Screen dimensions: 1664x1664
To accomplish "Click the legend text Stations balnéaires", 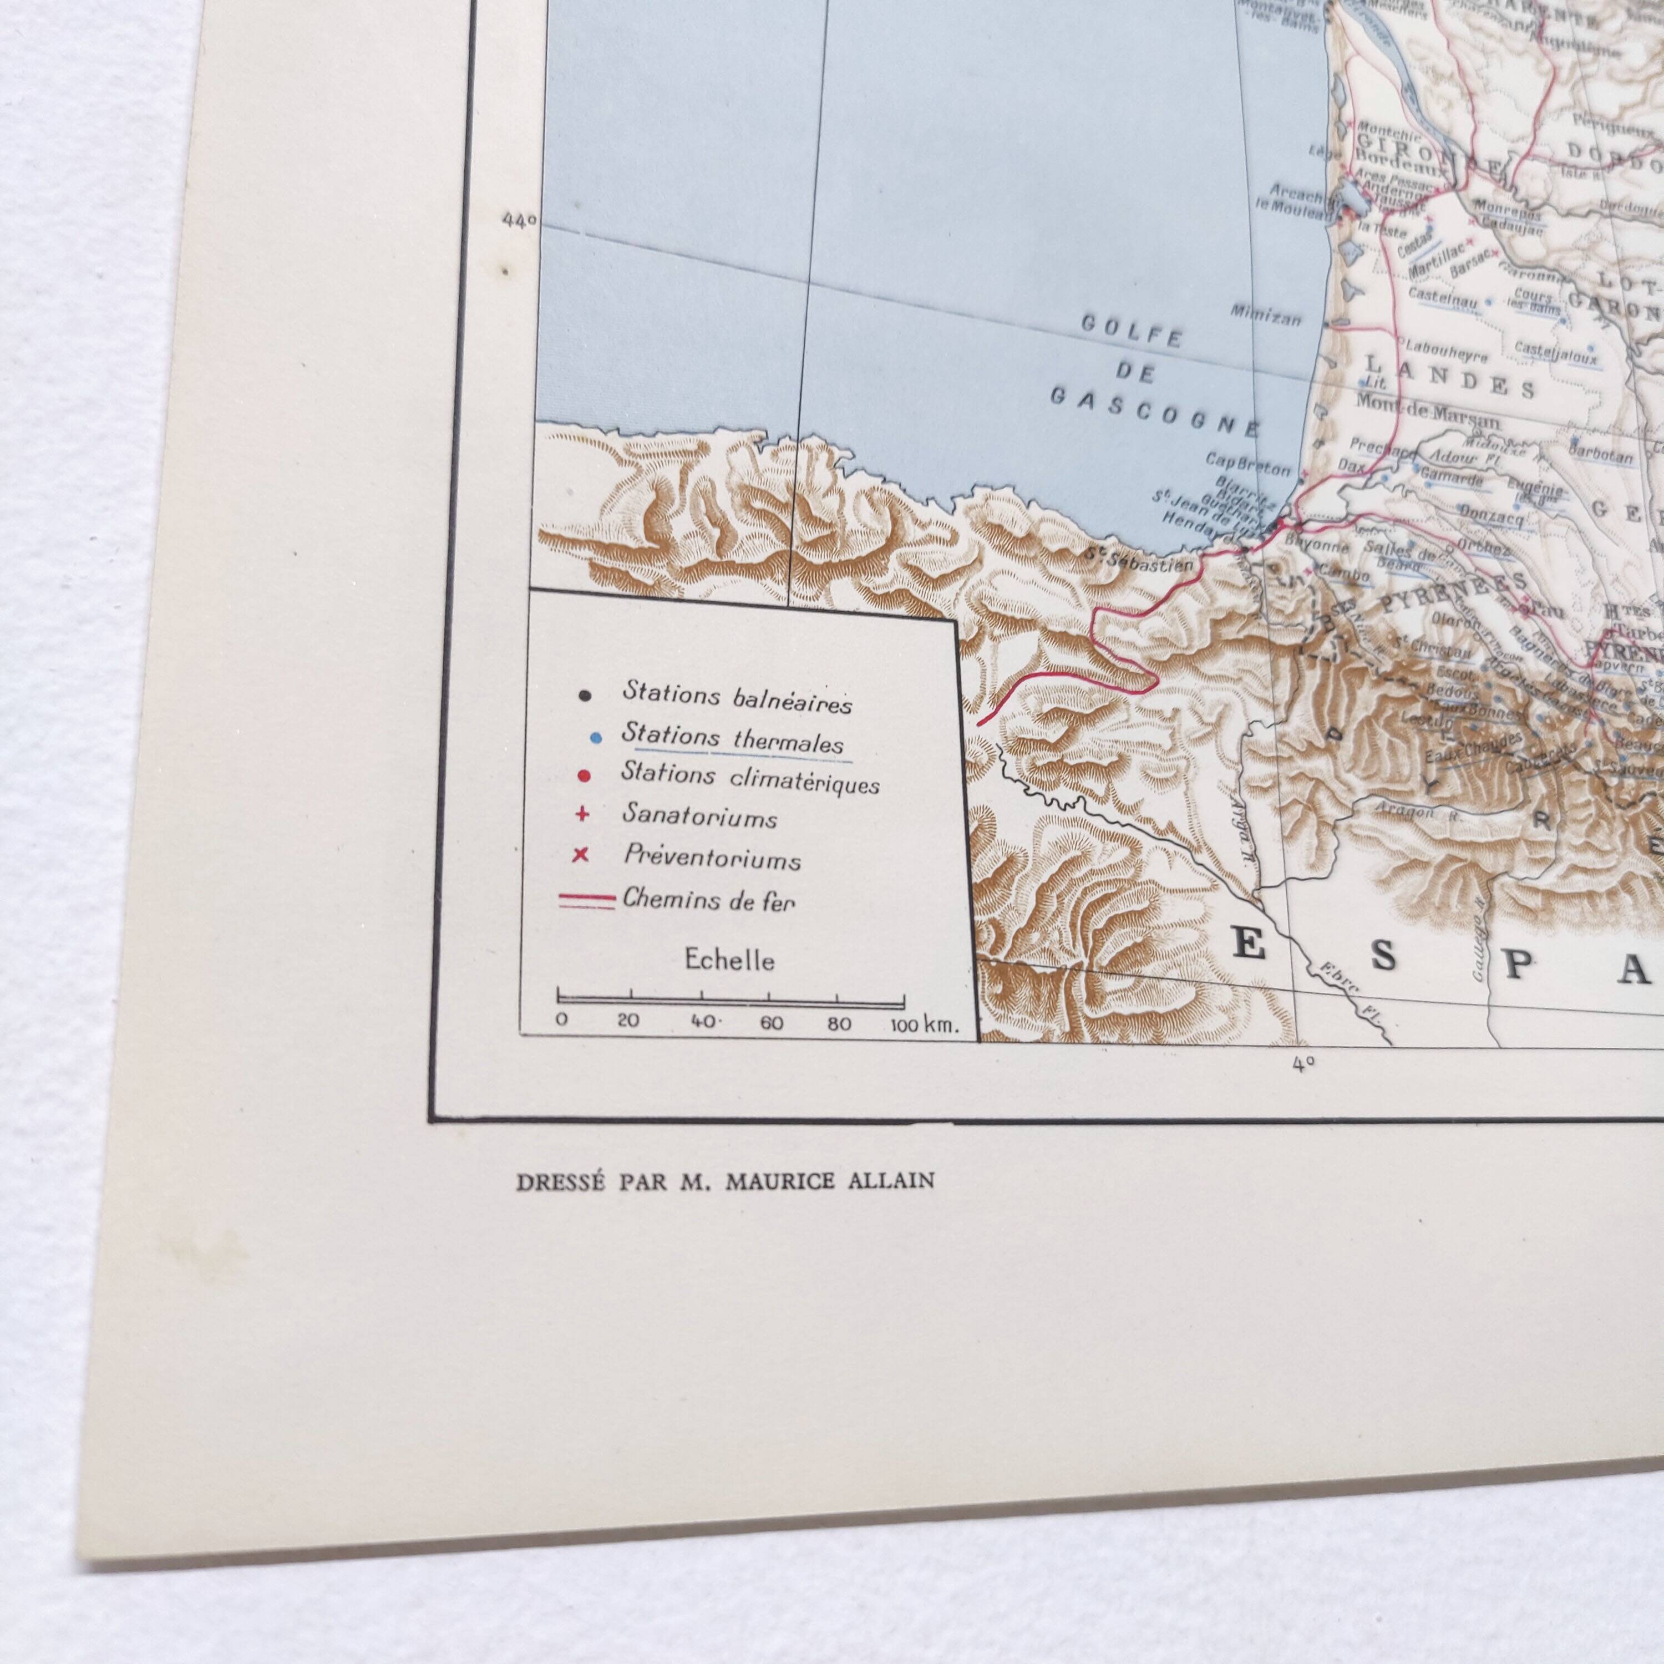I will pyautogui.click(x=737, y=698).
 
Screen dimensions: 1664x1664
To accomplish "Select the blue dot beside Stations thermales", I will pyautogui.click(x=585, y=739).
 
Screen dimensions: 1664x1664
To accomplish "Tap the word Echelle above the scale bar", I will pyautogui.click(x=729, y=960).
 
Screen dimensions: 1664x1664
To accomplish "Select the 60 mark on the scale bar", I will pyautogui.click(x=771, y=1024).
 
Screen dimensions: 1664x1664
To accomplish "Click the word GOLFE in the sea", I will pyautogui.click(x=1130, y=332).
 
